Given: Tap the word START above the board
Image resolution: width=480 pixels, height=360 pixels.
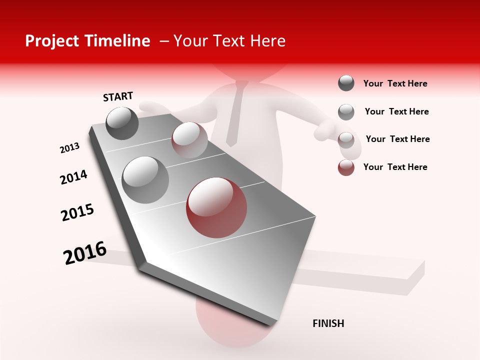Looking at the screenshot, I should [x=118, y=96].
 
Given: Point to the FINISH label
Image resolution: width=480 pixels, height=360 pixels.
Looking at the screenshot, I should [x=328, y=323].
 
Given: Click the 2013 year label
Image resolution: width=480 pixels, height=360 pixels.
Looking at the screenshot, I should [x=69, y=148].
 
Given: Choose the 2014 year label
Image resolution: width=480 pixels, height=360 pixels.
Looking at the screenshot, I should [x=73, y=177].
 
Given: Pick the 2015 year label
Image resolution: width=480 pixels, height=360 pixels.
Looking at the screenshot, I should [x=77, y=212].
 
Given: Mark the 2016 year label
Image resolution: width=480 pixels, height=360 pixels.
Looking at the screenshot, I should [x=85, y=252].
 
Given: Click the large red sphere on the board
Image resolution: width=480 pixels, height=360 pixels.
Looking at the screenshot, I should [x=216, y=207].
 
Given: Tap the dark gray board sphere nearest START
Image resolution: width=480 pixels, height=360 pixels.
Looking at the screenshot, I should [x=122, y=123].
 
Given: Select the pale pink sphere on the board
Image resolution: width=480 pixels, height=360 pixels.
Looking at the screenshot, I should [x=189, y=139].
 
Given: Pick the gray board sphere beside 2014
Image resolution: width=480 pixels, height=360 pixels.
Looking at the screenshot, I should [x=145, y=179].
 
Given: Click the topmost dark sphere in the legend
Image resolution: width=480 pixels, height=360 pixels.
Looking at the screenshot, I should [x=346, y=83].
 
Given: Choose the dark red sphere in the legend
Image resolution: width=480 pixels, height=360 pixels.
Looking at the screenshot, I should [x=346, y=167].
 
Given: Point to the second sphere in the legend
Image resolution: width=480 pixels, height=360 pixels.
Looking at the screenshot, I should [x=346, y=112].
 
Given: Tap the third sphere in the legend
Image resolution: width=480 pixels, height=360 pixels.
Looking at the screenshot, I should [x=346, y=139].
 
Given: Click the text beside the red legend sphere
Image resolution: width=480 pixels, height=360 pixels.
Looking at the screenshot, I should [x=395, y=167].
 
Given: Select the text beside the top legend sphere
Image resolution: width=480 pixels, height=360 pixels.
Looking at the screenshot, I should [x=395, y=83].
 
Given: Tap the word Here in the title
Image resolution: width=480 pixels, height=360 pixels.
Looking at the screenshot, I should [x=267, y=41].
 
